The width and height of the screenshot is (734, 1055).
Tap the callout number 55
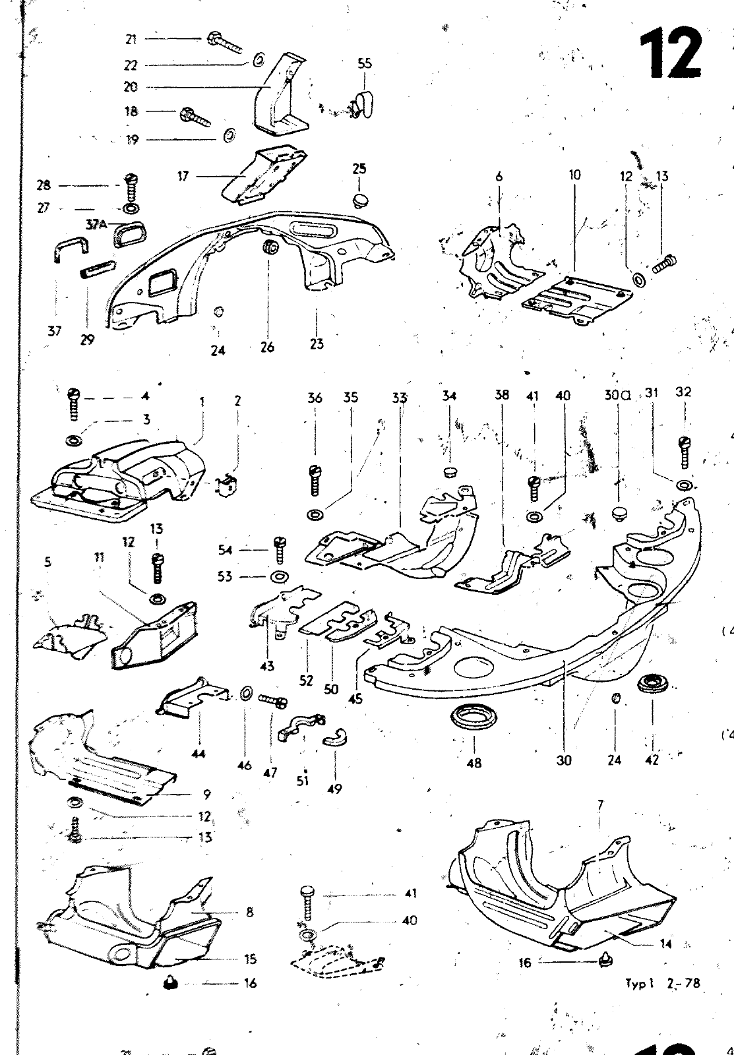(365, 64)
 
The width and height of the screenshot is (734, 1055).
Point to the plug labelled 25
(359, 199)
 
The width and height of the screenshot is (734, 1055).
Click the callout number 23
(317, 344)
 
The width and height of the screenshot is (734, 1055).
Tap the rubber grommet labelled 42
(653, 684)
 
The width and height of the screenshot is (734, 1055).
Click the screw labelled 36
(315, 480)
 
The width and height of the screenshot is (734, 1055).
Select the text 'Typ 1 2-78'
(662, 984)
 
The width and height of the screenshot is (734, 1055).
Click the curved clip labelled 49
(336, 737)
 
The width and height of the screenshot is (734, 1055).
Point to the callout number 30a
(617, 396)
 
